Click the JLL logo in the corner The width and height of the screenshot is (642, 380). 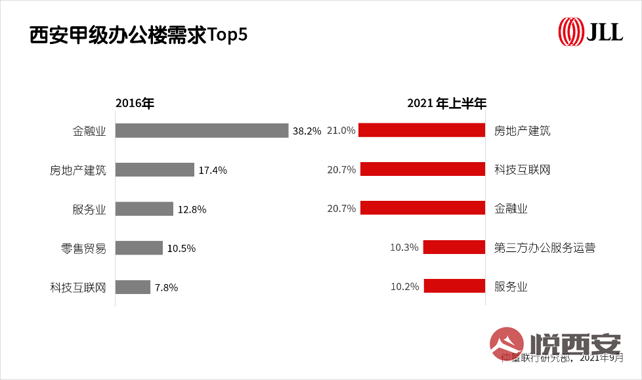click(x=589, y=32)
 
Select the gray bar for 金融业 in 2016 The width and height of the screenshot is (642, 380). click(x=202, y=131)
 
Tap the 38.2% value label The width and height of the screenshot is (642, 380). click(x=307, y=131)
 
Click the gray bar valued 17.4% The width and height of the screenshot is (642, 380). click(x=155, y=170)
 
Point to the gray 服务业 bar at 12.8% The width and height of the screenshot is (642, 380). click(x=144, y=209)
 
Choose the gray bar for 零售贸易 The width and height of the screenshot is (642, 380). click(x=139, y=247)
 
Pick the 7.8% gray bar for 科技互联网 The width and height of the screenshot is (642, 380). click(x=133, y=287)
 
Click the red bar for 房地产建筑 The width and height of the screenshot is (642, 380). click(x=421, y=131)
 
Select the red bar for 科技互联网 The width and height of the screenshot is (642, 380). click(x=422, y=169)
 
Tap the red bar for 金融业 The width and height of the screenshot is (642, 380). click(x=422, y=208)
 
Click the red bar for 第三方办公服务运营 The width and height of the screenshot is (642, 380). click(x=454, y=247)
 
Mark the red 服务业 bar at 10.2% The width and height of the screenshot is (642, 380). click(x=454, y=285)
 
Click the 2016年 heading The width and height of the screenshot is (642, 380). click(x=134, y=104)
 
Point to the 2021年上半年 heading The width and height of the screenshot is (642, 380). click(x=446, y=104)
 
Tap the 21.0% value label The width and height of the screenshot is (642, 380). click(x=341, y=131)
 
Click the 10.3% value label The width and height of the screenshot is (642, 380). click(x=404, y=247)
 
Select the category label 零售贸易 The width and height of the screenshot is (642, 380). click(x=83, y=248)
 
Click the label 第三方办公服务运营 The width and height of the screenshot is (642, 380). click(x=545, y=248)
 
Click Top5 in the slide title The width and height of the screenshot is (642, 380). click(x=227, y=35)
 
